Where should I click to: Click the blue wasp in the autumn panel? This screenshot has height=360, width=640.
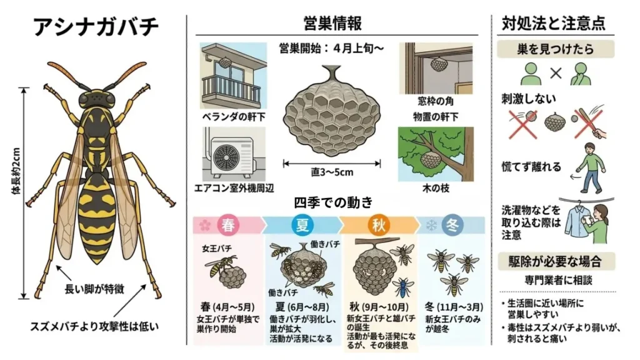(x=403, y=288)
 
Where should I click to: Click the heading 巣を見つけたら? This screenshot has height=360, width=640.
(x=556, y=49)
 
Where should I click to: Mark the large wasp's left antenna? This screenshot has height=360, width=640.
(x=66, y=74)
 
